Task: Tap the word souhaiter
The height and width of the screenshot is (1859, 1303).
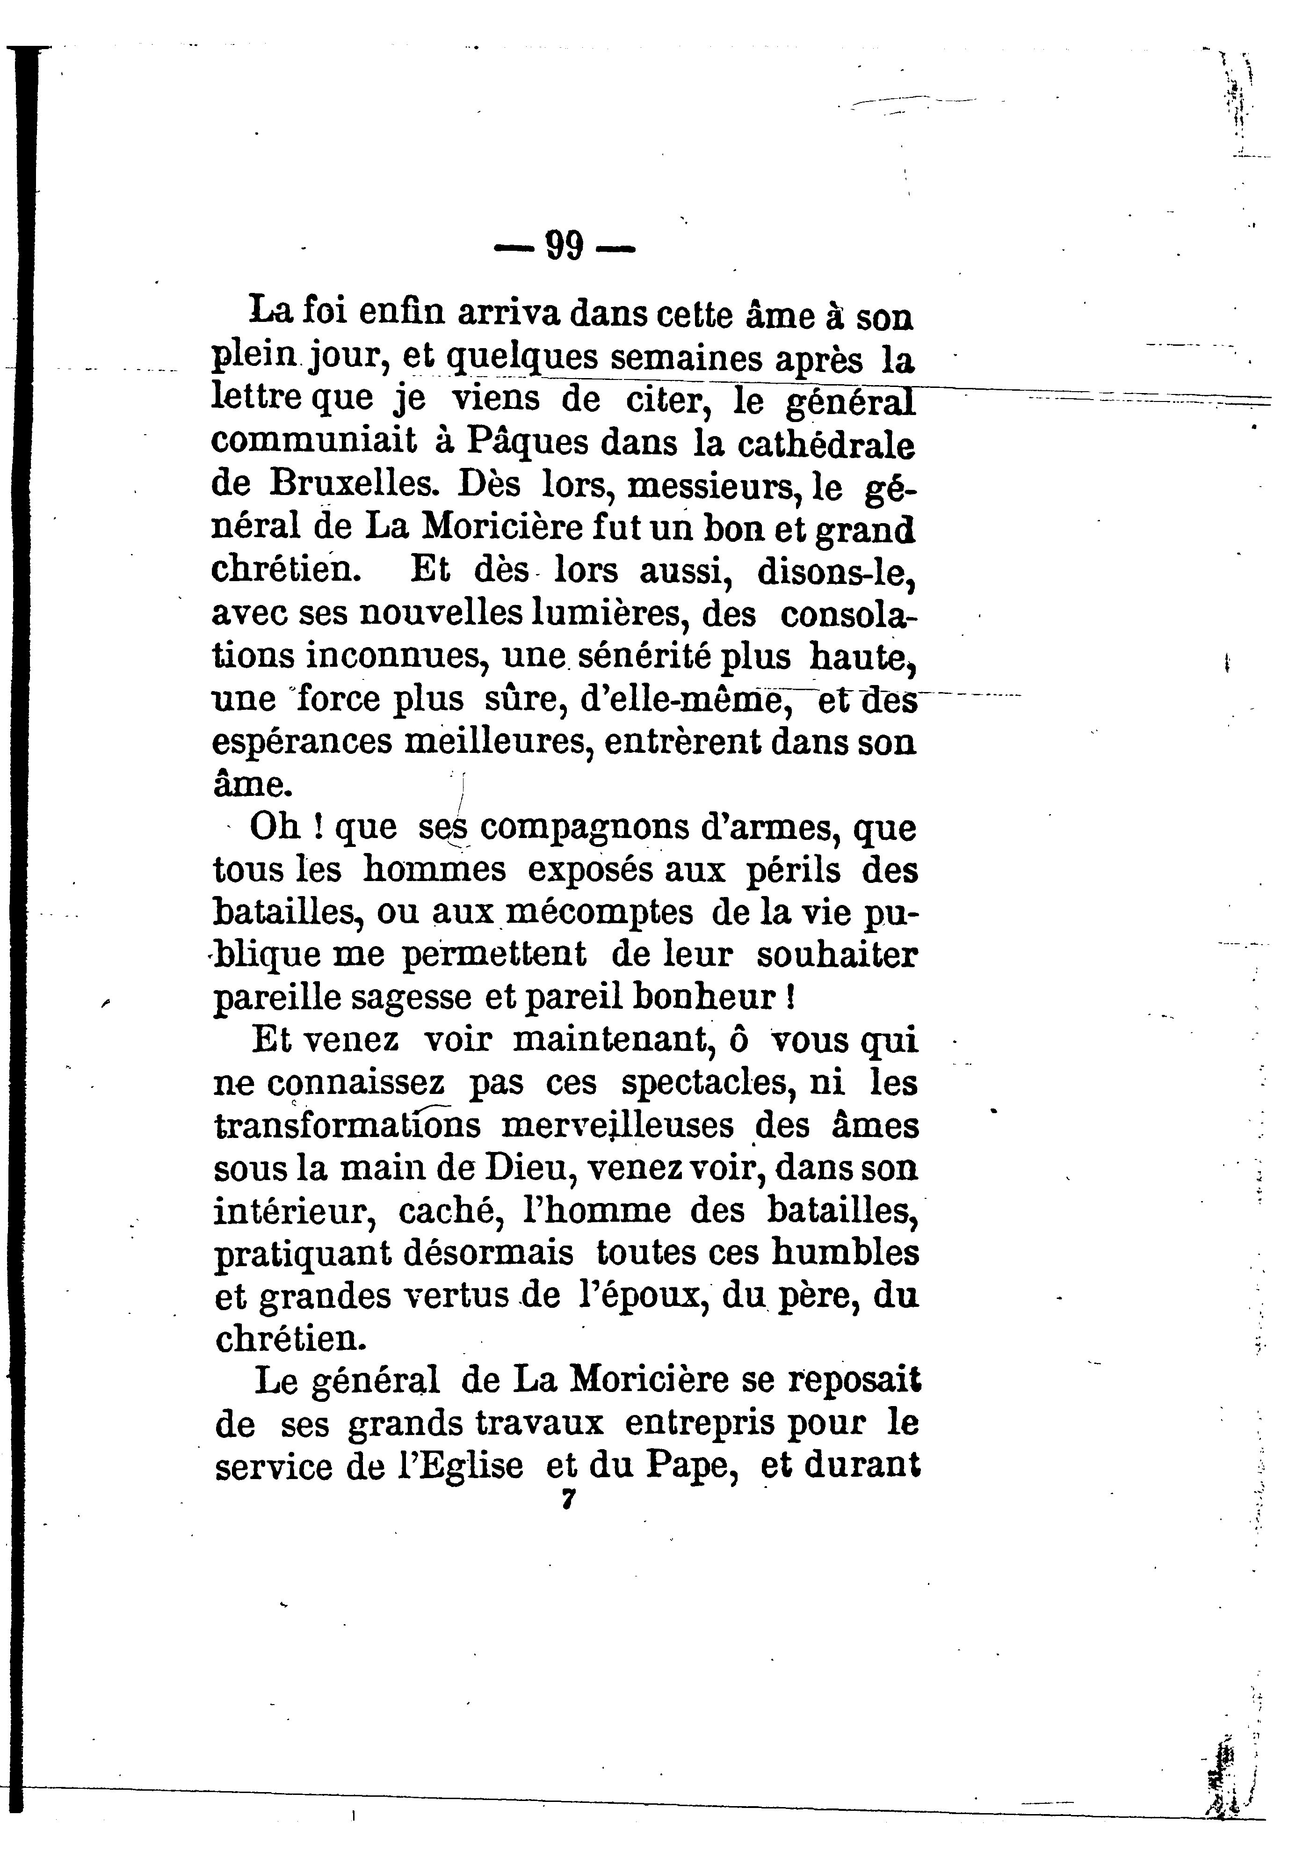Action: [838, 955]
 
